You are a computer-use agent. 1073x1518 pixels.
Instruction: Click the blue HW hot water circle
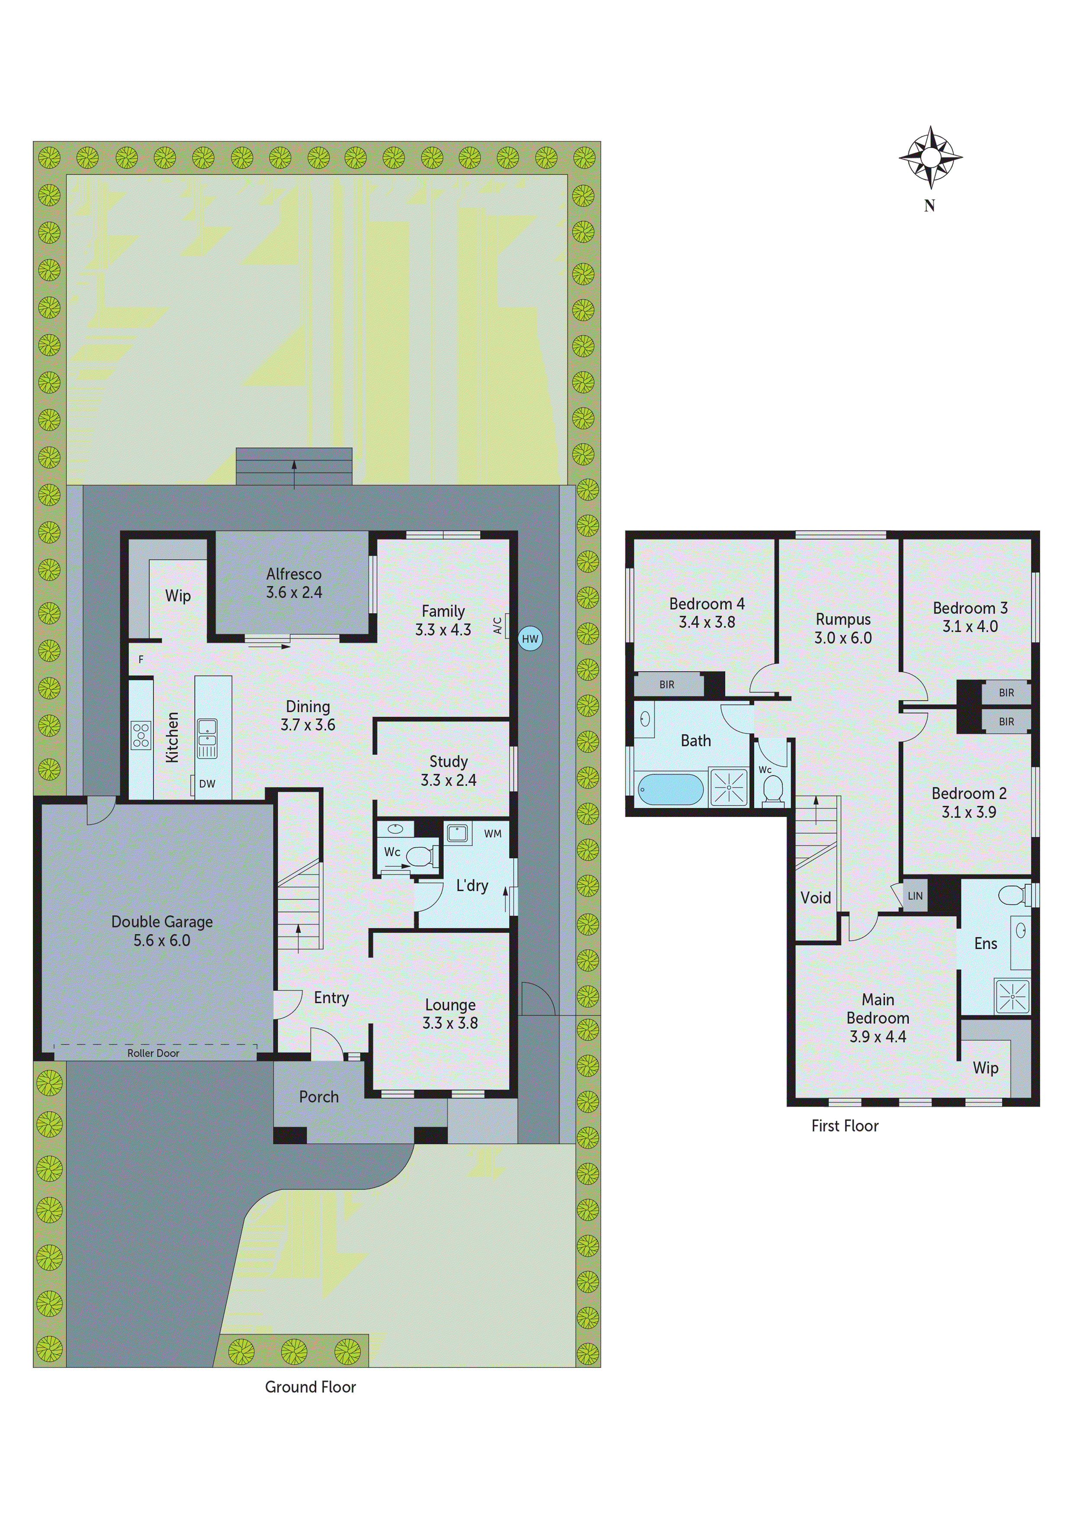point(530,639)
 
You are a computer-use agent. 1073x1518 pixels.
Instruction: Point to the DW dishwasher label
point(207,784)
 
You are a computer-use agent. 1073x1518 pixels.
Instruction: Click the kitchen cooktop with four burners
point(141,735)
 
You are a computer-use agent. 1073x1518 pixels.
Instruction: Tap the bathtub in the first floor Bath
point(670,789)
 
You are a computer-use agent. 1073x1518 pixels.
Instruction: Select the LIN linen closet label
point(915,896)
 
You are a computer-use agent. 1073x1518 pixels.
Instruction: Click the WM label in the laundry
point(492,834)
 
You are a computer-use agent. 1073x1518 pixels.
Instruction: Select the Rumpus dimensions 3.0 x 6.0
point(843,638)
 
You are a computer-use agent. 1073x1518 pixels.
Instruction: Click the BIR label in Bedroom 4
point(666,685)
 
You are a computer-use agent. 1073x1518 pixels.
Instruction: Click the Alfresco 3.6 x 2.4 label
point(293,583)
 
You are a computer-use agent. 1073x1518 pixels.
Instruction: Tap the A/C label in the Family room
point(497,625)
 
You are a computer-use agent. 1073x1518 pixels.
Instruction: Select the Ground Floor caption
point(310,1387)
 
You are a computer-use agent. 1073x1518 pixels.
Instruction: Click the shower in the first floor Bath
point(729,787)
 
